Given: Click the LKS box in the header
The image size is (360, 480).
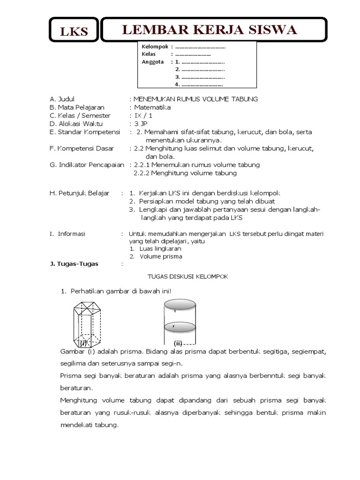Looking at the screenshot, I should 74,31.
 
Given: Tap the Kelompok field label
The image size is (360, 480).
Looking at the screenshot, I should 155,46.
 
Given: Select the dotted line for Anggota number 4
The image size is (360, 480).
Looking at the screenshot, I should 202,85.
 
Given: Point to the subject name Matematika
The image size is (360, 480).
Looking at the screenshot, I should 152,107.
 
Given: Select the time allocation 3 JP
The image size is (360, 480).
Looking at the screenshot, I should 141,124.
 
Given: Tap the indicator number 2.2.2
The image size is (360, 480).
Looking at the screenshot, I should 143,173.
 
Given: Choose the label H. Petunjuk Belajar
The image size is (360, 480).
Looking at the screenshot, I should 79,193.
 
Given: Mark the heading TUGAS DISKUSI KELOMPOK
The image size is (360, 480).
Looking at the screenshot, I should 187,277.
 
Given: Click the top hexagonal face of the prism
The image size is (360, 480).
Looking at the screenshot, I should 88,307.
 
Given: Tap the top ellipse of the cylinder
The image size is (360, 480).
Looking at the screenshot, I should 180,304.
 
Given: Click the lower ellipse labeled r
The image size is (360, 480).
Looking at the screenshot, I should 180,326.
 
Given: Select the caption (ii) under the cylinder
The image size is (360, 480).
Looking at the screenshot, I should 178,343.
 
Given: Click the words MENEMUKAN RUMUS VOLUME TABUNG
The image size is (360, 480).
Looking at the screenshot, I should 195,99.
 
